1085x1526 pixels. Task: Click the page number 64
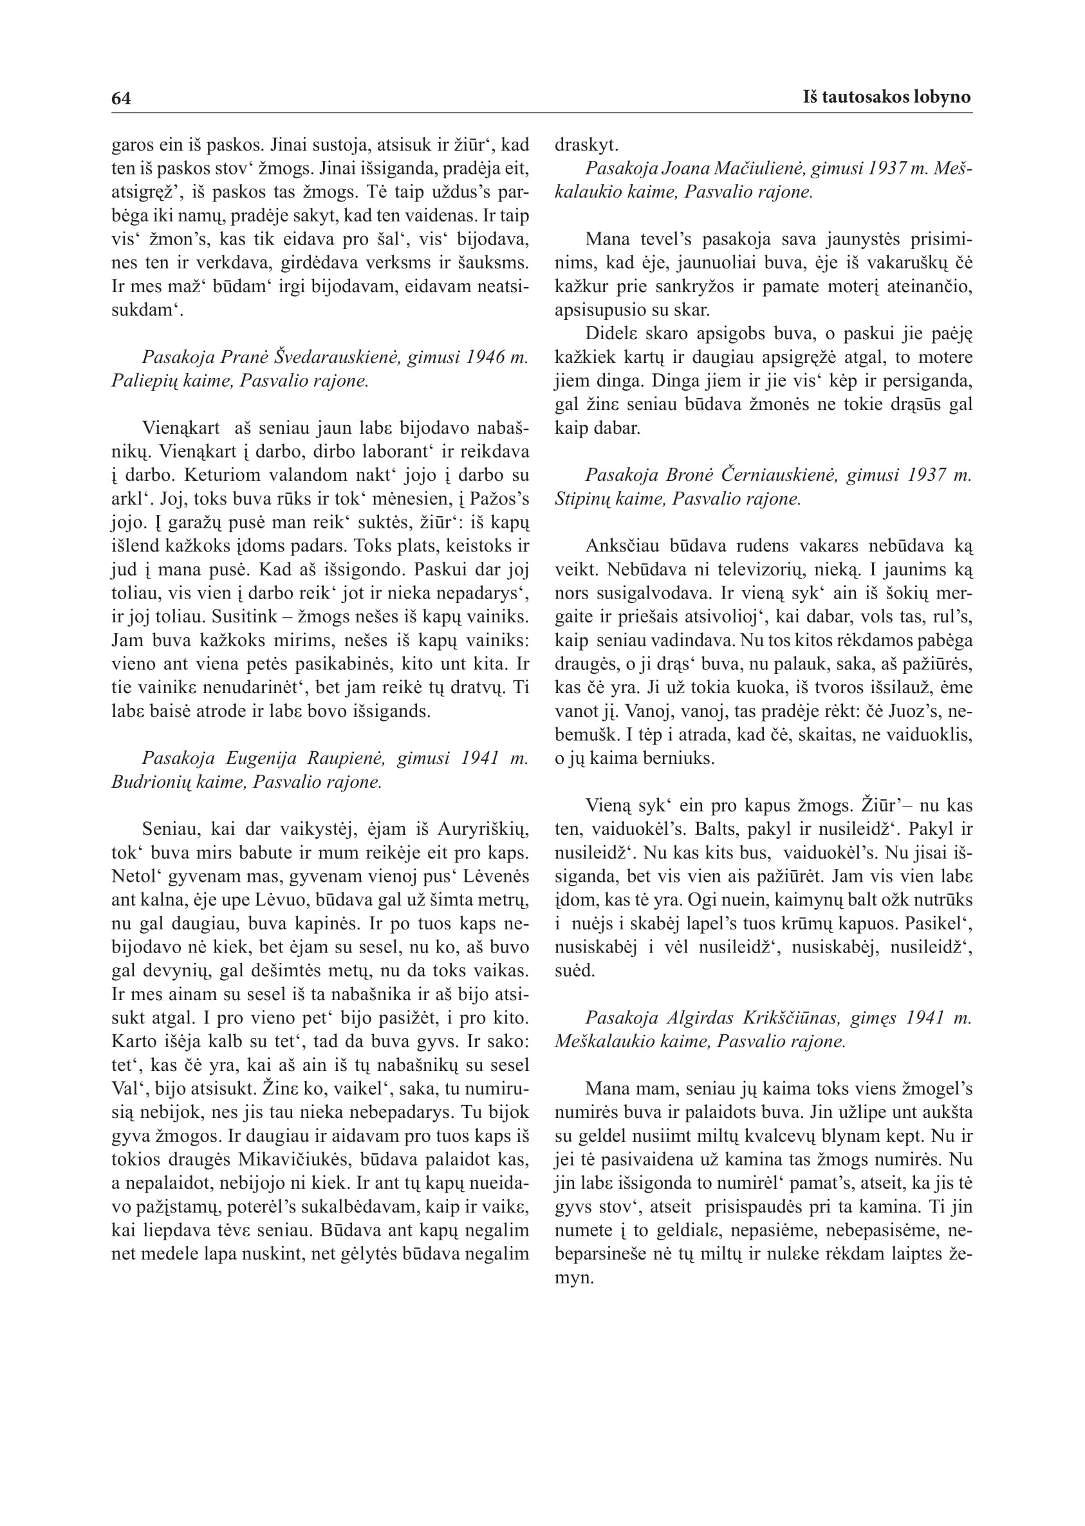pyautogui.click(x=121, y=98)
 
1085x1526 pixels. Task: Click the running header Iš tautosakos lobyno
pyautogui.click(x=887, y=98)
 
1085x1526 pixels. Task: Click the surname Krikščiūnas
pyautogui.click(x=791, y=1018)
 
